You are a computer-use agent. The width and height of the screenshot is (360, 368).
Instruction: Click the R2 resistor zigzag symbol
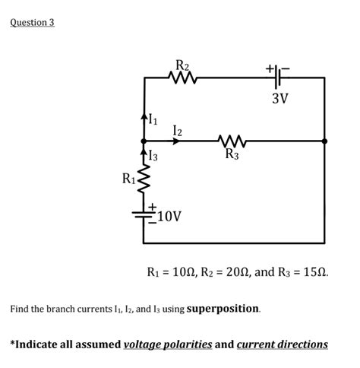click(182, 77)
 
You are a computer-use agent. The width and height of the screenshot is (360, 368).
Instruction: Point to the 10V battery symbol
click(144, 214)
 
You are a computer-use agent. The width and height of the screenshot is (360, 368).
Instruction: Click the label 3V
click(280, 99)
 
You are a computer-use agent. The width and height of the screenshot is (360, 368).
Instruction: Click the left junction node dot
click(144, 141)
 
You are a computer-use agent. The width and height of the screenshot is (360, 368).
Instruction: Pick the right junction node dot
click(324, 141)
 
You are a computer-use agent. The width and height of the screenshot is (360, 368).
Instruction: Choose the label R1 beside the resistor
click(128, 179)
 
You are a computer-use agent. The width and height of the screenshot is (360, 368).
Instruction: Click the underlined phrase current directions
click(282, 344)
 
